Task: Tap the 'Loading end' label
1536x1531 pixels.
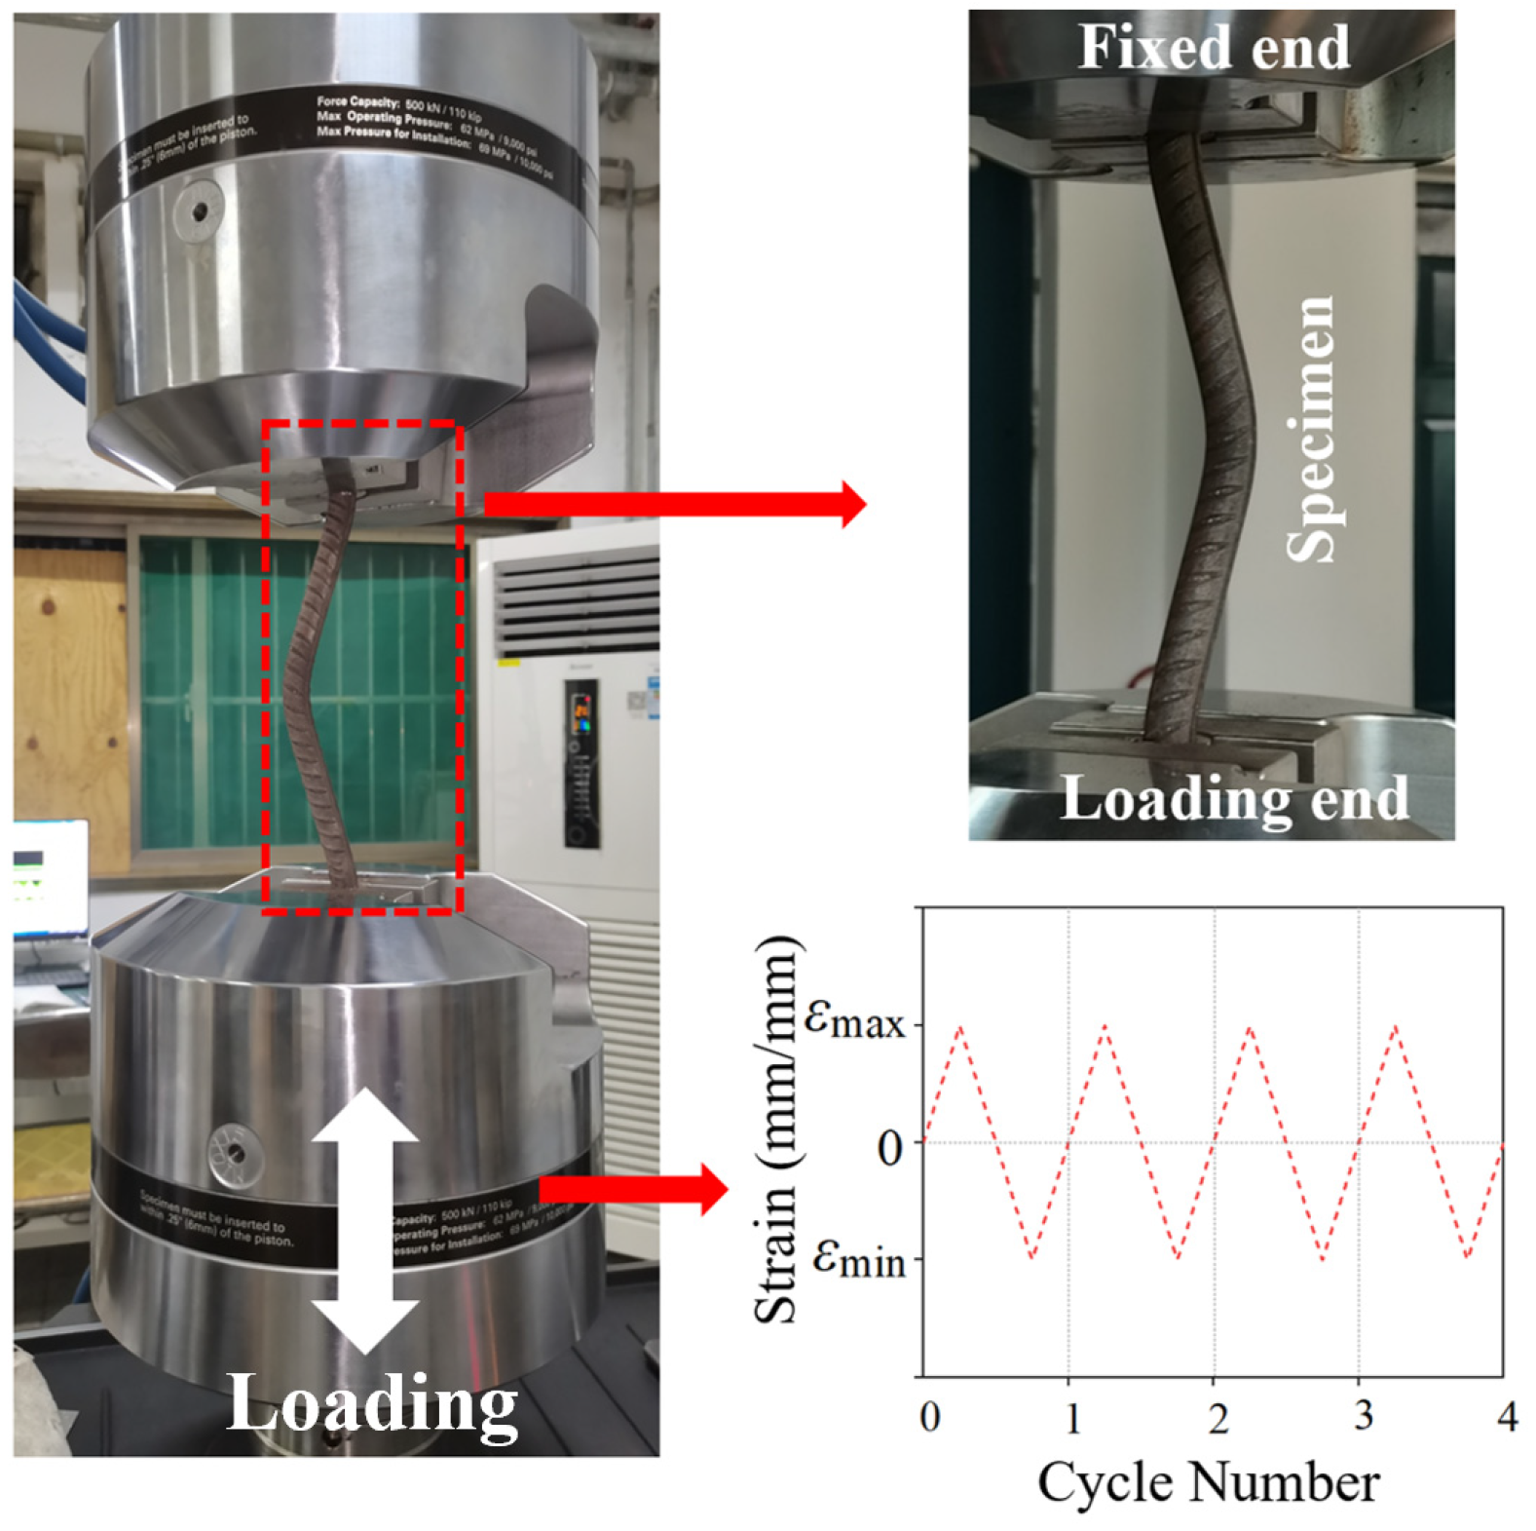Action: [1233, 799]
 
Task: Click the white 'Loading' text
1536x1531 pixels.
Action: [372, 1403]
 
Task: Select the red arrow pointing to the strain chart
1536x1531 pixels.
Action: [633, 1189]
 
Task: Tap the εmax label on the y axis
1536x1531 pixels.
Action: [855, 1019]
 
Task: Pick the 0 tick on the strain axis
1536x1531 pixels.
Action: [889, 1147]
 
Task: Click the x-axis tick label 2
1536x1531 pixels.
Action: [1218, 1418]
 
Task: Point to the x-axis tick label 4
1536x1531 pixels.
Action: [1507, 1415]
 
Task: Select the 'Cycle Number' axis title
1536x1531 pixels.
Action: [1208, 1483]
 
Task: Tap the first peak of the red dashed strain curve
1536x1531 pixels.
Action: [961, 1026]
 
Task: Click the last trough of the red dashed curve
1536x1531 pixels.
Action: [1467, 1257]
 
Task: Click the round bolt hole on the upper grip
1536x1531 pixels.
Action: [199, 210]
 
